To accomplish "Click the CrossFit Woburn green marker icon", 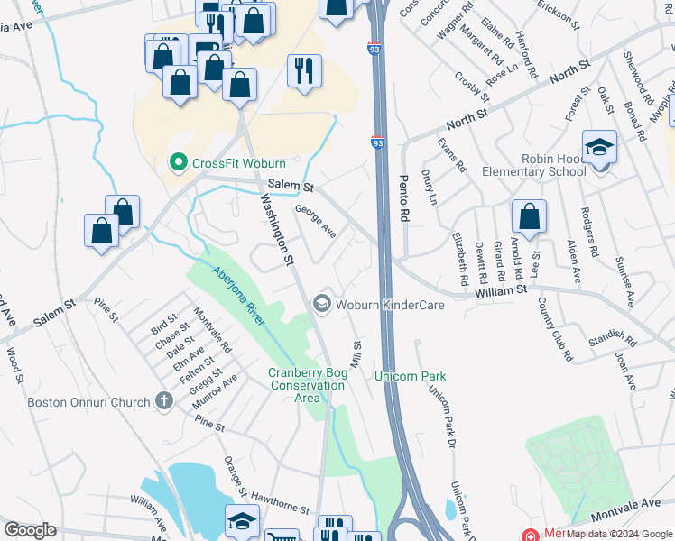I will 179,163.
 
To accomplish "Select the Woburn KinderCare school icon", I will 321,305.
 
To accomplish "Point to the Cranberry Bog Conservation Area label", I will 307,385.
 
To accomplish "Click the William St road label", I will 503,290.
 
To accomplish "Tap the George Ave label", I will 316,222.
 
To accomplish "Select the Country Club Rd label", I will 555,329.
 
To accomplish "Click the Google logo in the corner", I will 30,530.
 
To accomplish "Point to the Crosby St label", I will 472,87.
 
